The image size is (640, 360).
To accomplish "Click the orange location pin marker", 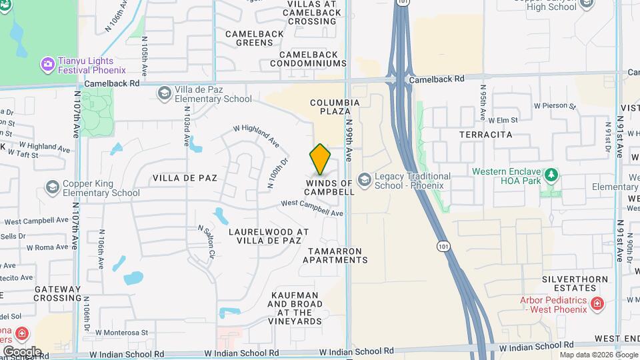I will coord(320,159).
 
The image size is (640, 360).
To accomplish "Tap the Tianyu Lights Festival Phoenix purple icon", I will coord(47,64).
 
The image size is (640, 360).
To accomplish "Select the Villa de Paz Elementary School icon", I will coord(164,94).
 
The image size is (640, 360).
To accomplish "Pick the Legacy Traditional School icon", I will coord(364,180).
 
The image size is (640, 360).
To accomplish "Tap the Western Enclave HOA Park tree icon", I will coord(551,176).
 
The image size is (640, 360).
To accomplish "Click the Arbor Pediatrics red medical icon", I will coord(597,305).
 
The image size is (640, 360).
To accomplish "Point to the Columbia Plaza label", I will coord(335,107).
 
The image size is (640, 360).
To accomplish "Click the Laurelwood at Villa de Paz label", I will coord(269,237).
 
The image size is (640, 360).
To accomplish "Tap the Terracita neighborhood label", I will coord(485,134).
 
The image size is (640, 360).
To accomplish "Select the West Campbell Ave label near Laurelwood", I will coord(312,208).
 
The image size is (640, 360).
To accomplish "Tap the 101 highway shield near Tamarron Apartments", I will coord(442,247).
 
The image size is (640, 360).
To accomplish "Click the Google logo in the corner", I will coord(22,351).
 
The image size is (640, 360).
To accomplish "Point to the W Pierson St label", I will coord(553,105).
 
